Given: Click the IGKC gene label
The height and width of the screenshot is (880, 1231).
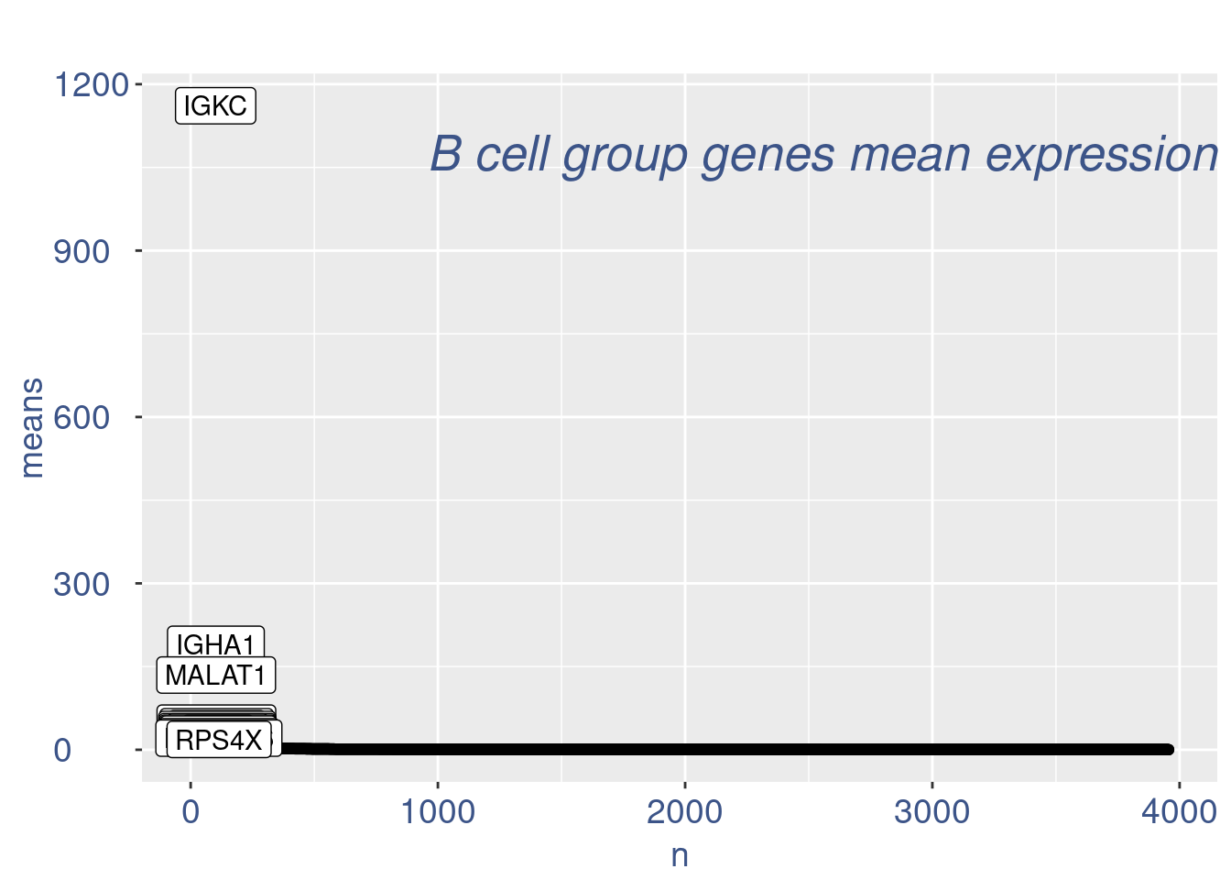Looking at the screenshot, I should click(215, 106).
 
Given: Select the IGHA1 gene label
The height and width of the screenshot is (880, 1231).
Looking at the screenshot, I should click(215, 643).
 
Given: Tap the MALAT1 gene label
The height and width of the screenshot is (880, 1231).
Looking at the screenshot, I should click(216, 676).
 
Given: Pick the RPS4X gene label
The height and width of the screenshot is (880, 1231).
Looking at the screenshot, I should click(219, 739).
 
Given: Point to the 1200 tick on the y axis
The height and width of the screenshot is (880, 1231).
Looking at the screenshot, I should click(91, 85).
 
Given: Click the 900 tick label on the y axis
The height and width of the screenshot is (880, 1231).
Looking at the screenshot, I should click(82, 251).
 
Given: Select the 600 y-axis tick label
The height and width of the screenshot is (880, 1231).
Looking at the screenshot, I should click(82, 418).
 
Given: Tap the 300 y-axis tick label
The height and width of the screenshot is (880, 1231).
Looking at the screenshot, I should click(82, 584).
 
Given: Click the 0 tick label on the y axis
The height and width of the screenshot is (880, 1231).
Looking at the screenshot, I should click(62, 751).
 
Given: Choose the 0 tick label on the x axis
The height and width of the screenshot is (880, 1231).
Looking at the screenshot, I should click(191, 812).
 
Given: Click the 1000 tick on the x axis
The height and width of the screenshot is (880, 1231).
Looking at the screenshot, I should click(438, 812).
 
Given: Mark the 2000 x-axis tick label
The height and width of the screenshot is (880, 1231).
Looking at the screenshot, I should click(684, 812).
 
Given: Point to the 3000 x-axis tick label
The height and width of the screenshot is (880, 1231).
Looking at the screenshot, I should click(931, 812).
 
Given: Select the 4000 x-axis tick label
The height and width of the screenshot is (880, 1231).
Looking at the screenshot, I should click(1179, 812).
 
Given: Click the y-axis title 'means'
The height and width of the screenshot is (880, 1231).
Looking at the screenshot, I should click(31, 428).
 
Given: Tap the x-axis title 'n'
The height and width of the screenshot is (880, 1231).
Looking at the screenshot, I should click(680, 855).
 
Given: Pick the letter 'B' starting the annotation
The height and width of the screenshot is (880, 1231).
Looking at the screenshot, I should click(445, 154).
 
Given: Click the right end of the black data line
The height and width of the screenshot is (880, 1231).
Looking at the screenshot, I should click(1169, 749).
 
